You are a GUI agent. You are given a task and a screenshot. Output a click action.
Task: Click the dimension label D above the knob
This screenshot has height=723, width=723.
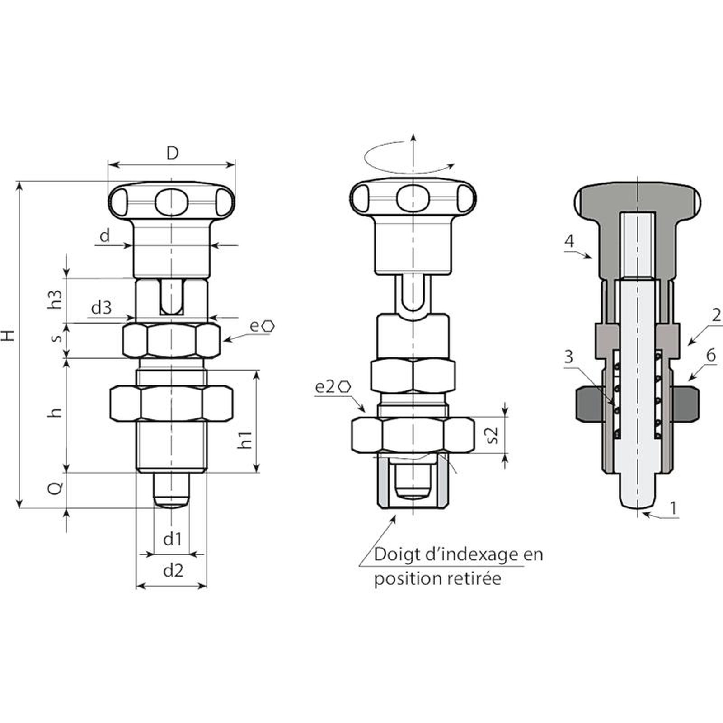[x=172, y=154]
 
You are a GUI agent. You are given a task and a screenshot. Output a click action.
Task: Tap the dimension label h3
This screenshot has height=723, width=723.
[x=56, y=299]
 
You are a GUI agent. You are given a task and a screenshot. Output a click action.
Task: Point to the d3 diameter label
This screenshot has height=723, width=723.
[x=101, y=308]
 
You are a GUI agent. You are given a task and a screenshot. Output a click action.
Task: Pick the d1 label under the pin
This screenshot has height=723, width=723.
[x=172, y=539]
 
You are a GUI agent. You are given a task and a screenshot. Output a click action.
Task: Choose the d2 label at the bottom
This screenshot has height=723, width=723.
[x=173, y=570]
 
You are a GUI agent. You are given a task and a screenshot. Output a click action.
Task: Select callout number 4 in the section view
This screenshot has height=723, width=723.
[x=569, y=241]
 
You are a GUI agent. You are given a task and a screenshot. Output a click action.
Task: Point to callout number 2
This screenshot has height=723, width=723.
[x=716, y=315]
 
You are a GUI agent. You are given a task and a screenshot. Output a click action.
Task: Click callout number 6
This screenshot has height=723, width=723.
[x=711, y=355]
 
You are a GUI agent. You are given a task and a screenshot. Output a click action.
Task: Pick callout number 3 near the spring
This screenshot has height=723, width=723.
[x=568, y=357]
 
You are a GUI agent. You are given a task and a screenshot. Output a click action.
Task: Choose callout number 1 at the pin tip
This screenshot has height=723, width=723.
[x=673, y=508]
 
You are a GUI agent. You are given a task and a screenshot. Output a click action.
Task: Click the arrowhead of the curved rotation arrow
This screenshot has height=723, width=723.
[x=451, y=166]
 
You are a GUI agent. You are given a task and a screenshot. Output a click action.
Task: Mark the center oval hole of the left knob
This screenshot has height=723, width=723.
[x=171, y=201]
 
